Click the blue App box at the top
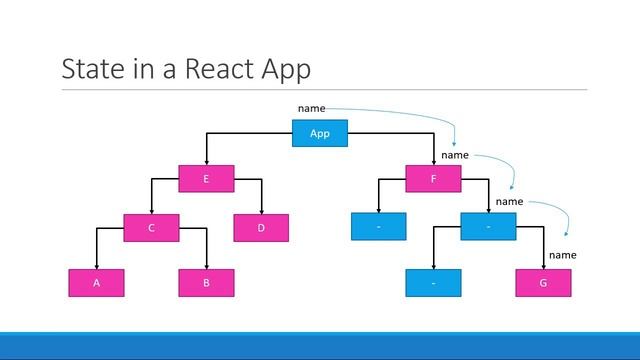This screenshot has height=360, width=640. click(x=320, y=133)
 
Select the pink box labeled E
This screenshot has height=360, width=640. click(x=206, y=179)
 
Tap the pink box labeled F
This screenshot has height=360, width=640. click(x=433, y=179)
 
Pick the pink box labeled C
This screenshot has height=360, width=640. click(x=151, y=228)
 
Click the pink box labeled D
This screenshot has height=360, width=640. click(x=260, y=228)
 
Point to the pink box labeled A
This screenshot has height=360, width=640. click(x=96, y=283)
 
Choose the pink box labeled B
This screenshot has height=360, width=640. click(x=206, y=283)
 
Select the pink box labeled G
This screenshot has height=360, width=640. click(x=543, y=283)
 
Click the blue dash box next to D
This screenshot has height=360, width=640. click(x=379, y=228)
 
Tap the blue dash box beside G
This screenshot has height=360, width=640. click(x=433, y=283)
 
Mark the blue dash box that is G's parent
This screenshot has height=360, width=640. click(x=488, y=228)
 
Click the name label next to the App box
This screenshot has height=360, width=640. click(x=311, y=107)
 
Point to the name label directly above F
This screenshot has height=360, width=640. click(x=455, y=155)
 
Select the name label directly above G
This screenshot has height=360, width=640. click(x=562, y=255)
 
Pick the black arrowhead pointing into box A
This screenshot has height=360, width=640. click(x=96, y=265)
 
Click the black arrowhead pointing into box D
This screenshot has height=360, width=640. click(x=260, y=210)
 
